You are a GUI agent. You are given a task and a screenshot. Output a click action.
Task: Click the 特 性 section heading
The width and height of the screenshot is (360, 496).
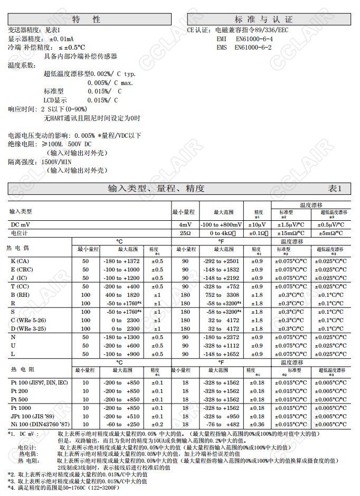(89, 19)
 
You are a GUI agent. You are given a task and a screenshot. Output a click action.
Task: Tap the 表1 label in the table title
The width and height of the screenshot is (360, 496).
(335, 189)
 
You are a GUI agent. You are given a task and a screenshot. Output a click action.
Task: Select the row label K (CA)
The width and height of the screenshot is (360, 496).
(20, 261)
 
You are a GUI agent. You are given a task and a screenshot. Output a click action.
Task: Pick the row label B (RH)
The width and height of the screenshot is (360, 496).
(20, 295)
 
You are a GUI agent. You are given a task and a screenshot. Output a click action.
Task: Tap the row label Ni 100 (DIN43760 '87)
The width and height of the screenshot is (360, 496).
(39, 425)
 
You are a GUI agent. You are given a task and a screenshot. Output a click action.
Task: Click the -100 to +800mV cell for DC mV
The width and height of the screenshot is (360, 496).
(221, 224)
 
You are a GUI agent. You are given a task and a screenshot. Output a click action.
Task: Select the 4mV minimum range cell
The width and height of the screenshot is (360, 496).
(185, 224)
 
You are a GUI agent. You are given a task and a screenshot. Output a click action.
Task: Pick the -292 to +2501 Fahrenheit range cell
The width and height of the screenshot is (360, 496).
(221, 261)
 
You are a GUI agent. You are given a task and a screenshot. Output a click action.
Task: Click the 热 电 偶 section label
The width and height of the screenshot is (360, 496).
(18, 248)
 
